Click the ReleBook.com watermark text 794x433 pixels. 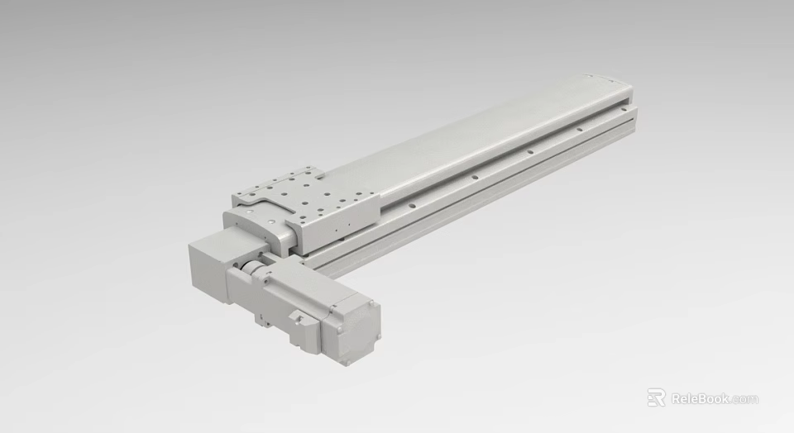(714, 399)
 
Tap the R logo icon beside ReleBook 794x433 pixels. (656, 398)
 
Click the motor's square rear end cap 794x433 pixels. (356, 330)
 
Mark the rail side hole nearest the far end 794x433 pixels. (577, 128)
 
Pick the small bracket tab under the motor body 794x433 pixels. (263, 316)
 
